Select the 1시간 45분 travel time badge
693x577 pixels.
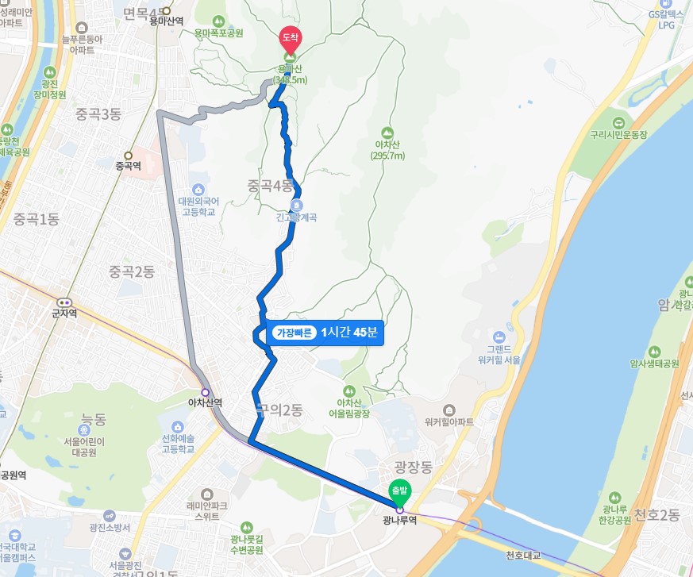click(x=325, y=333)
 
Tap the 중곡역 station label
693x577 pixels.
click(x=128, y=167)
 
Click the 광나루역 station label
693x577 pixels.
click(x=398, y=521)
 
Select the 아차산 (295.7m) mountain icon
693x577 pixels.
click(x=387, y=132)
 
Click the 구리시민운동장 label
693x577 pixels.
click(x=618, y=135)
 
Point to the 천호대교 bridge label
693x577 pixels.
click(x=522, y=555)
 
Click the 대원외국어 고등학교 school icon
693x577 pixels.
click(x=198, y=189)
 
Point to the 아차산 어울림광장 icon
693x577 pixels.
click(x=349, y=390)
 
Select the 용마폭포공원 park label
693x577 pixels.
click(x=219, y=33)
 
